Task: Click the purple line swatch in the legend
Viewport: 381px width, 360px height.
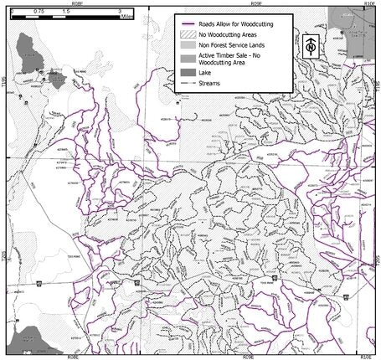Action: point(188,25)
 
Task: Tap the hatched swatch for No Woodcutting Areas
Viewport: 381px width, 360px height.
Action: point(188,37)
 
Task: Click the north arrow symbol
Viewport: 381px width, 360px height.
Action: point(311,47)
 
